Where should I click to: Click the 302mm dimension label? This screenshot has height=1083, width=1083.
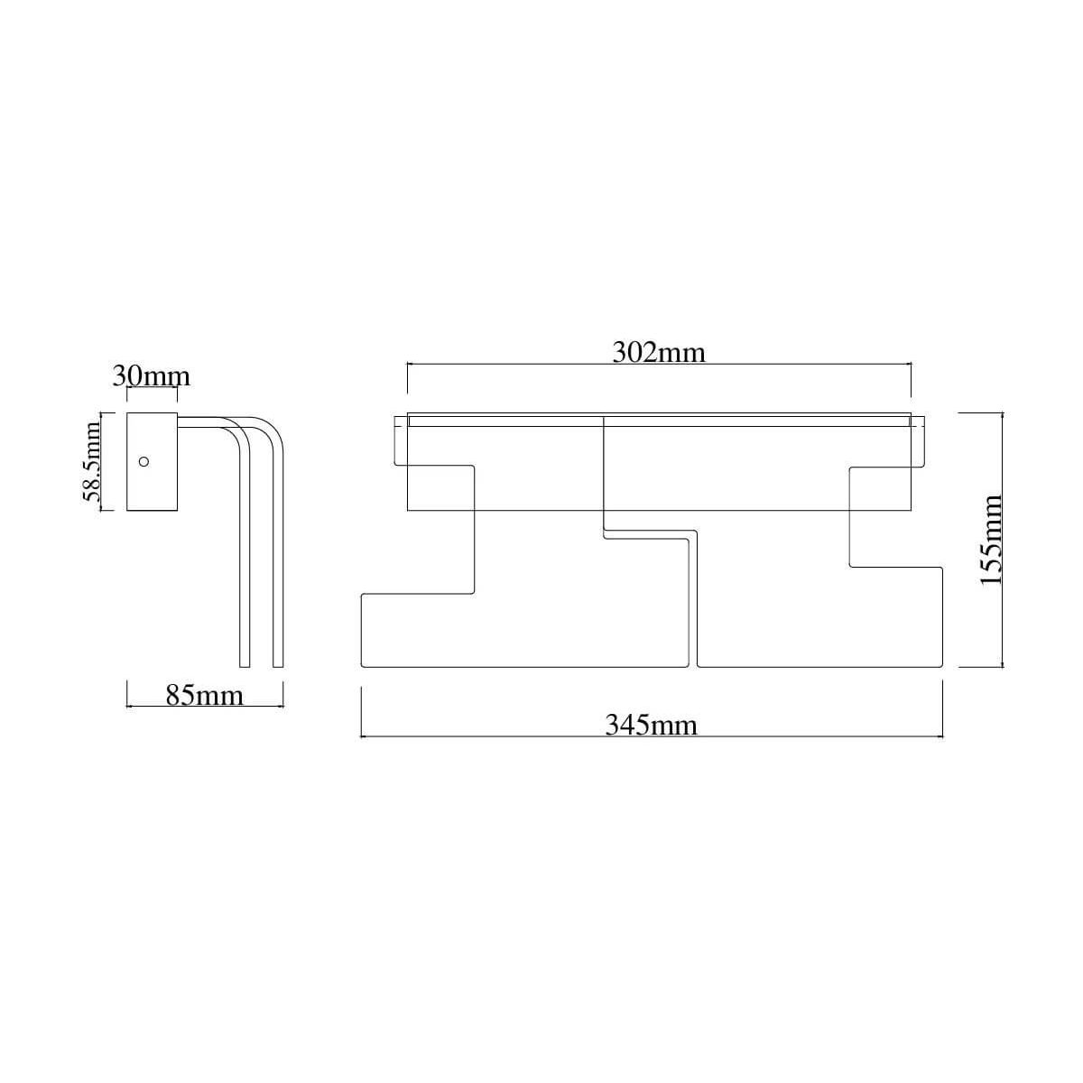pyautogui.click(x=658, y=353)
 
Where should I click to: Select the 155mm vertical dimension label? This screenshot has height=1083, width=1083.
pyautogui.click(x=991, y=540)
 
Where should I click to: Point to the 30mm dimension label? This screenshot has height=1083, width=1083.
pyautogui.click(x=152, y=376)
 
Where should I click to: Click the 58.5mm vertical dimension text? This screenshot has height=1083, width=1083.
pyautogui.click(x=91, y=461)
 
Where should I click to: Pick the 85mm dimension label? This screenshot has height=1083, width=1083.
pyautogui.click(x=205, y=695)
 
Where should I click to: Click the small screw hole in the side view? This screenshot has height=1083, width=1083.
pyautogui.click(x=143, y=462)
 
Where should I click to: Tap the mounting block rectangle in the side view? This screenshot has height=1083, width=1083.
pyautogui.click(x=152, y=462)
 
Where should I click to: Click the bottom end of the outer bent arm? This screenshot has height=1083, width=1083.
pyautogui.click(x=278, y=667)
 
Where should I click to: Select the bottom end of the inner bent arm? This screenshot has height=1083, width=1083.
pyautogui.click(x=245, y=667)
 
